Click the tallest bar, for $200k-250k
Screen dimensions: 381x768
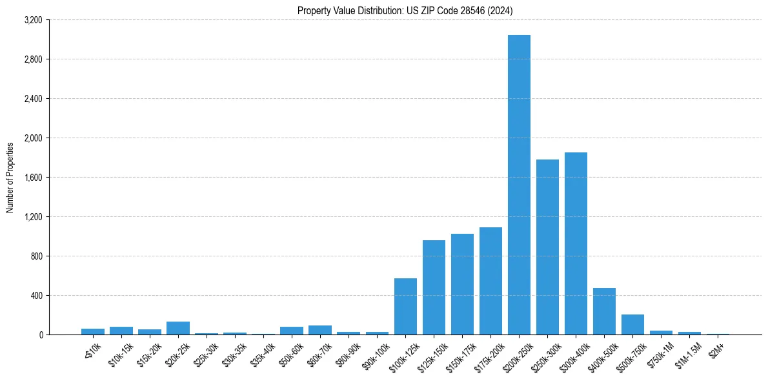(x=519, y=185)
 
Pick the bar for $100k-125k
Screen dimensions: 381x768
(x=405, y=306)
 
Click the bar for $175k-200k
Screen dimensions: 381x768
(x=490, y=281)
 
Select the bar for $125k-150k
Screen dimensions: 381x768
(x=434, y=287)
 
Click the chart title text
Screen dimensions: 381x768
(x=405, y=11)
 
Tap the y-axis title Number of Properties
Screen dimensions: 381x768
(x=10, y=177)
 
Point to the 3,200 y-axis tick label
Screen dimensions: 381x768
(x=32, y=20)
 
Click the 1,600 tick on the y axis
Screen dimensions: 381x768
(x=32, y=178)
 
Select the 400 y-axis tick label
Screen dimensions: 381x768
(x=36, y=296)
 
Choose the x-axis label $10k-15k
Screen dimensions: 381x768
(x=121, y=353)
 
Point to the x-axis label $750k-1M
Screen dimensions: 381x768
(x=660, y=353)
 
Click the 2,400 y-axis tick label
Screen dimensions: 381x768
(x=32, y=99)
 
